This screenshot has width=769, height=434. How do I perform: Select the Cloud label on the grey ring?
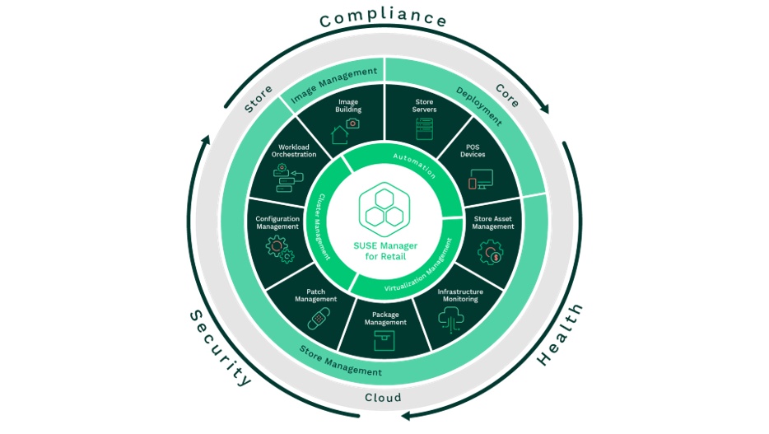[x=383, y=398]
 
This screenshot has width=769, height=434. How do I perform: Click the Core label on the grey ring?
[x=506, y=96]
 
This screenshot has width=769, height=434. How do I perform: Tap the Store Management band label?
[x=340, y=362]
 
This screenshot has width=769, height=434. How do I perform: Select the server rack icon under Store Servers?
[x=425, y=128]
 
